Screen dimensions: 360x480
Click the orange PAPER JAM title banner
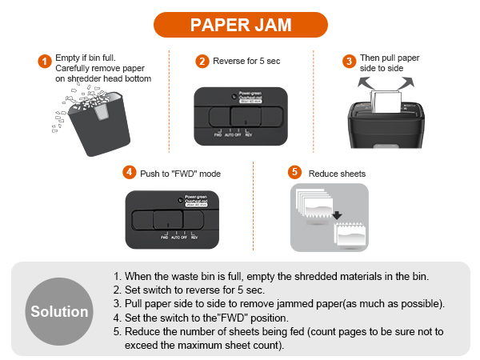(240, 24)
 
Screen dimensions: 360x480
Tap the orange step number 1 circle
(45, 62)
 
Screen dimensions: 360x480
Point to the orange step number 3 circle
(349, 62)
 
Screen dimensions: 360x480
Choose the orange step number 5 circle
(294, 173)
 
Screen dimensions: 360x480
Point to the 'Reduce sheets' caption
(337, 173)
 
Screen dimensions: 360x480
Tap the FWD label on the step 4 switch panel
(164, 238)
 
